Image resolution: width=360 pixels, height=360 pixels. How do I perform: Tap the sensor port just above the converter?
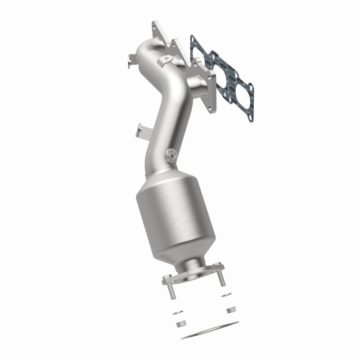point(171,154)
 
